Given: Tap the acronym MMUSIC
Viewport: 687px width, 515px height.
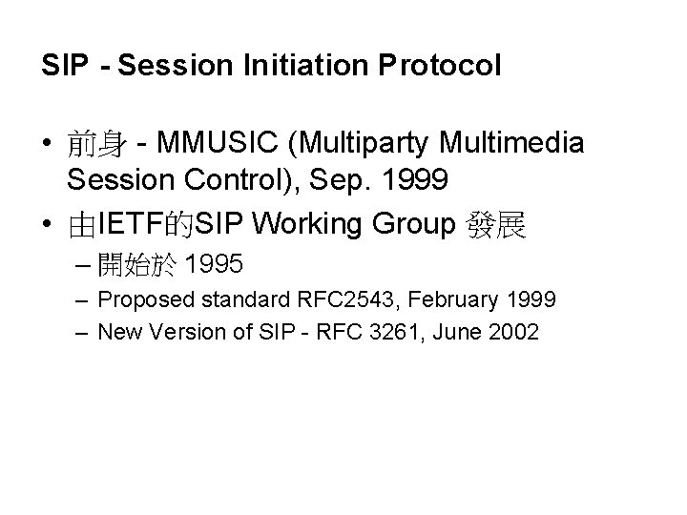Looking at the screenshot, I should coord(213,144).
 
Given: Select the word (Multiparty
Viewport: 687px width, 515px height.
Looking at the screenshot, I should coord(355,144).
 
